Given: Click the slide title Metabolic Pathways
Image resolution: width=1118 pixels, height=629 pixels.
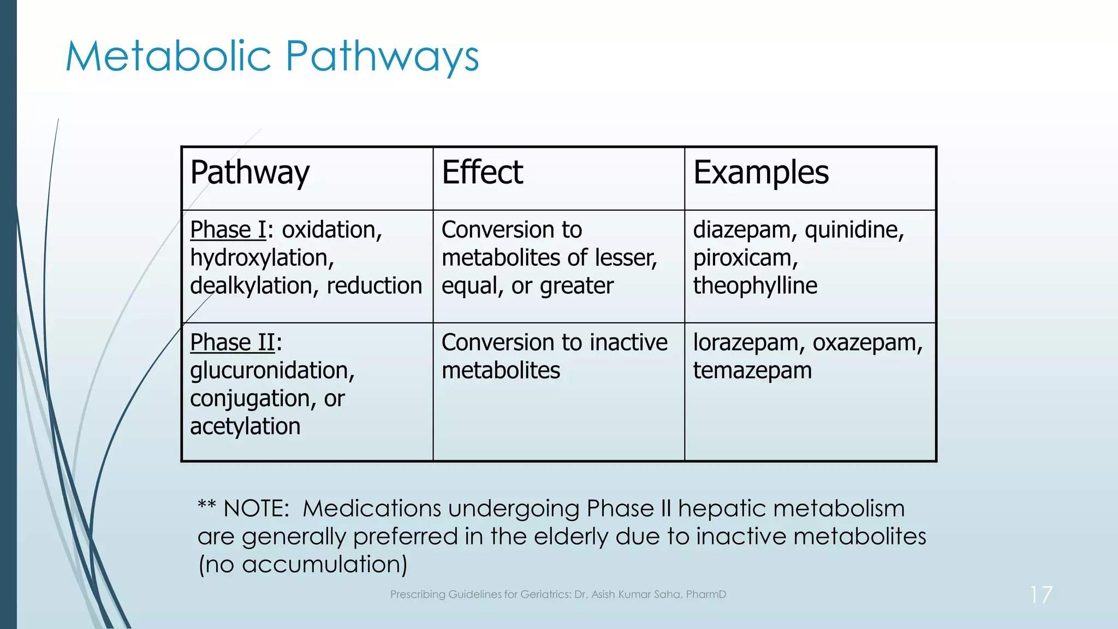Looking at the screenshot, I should point(272,57).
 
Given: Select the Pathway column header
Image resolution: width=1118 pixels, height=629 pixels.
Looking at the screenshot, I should point(249,173).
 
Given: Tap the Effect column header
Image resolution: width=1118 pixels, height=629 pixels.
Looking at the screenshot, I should point(482,173).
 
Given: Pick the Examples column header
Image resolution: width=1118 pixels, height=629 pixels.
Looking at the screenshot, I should point(760,173).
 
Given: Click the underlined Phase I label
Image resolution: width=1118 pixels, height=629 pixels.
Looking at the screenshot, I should point(228,230).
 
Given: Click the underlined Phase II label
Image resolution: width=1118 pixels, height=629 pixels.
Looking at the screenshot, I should point(233,343).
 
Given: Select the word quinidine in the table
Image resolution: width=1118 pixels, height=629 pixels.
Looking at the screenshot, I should point(853,230).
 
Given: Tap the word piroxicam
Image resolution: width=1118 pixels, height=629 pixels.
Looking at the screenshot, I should point(745,258).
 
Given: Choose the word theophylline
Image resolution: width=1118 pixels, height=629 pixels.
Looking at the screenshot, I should point(755,286).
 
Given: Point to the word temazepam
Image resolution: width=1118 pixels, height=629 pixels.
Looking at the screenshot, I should point(752,371).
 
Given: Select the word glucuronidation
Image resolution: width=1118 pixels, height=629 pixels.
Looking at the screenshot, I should point(272,371).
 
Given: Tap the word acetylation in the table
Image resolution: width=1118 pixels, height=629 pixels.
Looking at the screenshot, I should point(245,427).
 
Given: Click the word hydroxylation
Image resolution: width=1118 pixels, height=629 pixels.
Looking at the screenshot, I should point(261,258).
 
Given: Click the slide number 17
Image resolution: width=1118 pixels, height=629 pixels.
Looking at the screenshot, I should point(1040,595).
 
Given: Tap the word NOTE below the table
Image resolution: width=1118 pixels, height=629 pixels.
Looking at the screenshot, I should point(255,509).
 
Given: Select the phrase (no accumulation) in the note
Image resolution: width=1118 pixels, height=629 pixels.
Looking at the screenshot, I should point(302,565).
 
